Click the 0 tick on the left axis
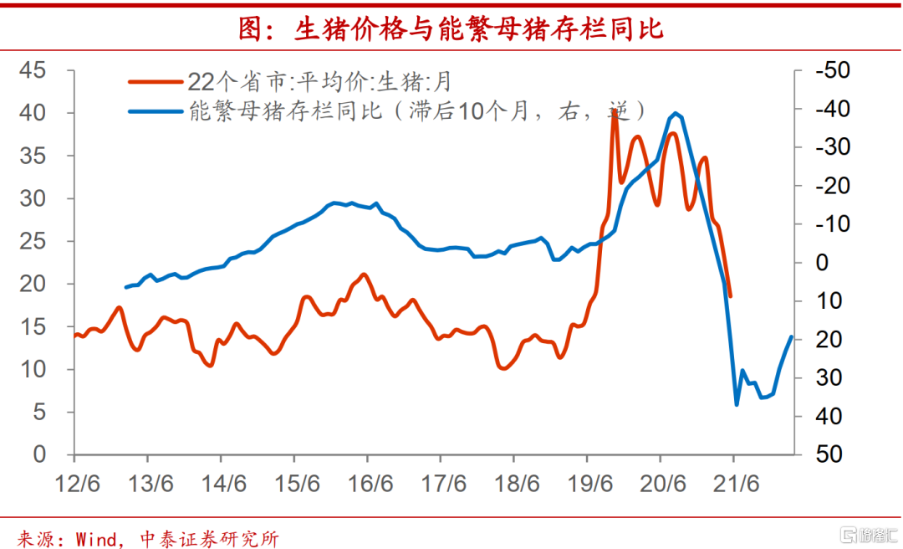[x=39, y=454]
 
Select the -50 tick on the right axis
[x=831, y=70]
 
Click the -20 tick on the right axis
[x=831, y=186]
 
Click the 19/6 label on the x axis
[x=588, y=484]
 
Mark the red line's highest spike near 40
[x=615, y=110]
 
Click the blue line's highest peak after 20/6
[x=675, y=113]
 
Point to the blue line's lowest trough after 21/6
[x=737, y=405]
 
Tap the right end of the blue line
[x=791, y=336]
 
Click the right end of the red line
[x=731, y=296]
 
